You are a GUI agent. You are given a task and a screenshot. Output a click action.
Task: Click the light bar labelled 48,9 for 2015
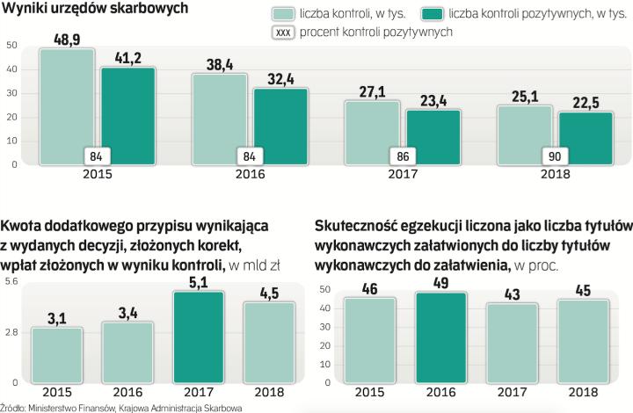(68, 105)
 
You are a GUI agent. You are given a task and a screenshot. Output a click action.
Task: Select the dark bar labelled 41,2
(128, 114)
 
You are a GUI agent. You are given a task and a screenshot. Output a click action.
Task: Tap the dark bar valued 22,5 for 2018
(586, 138)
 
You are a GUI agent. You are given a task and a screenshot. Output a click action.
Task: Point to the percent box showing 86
(403, 156)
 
